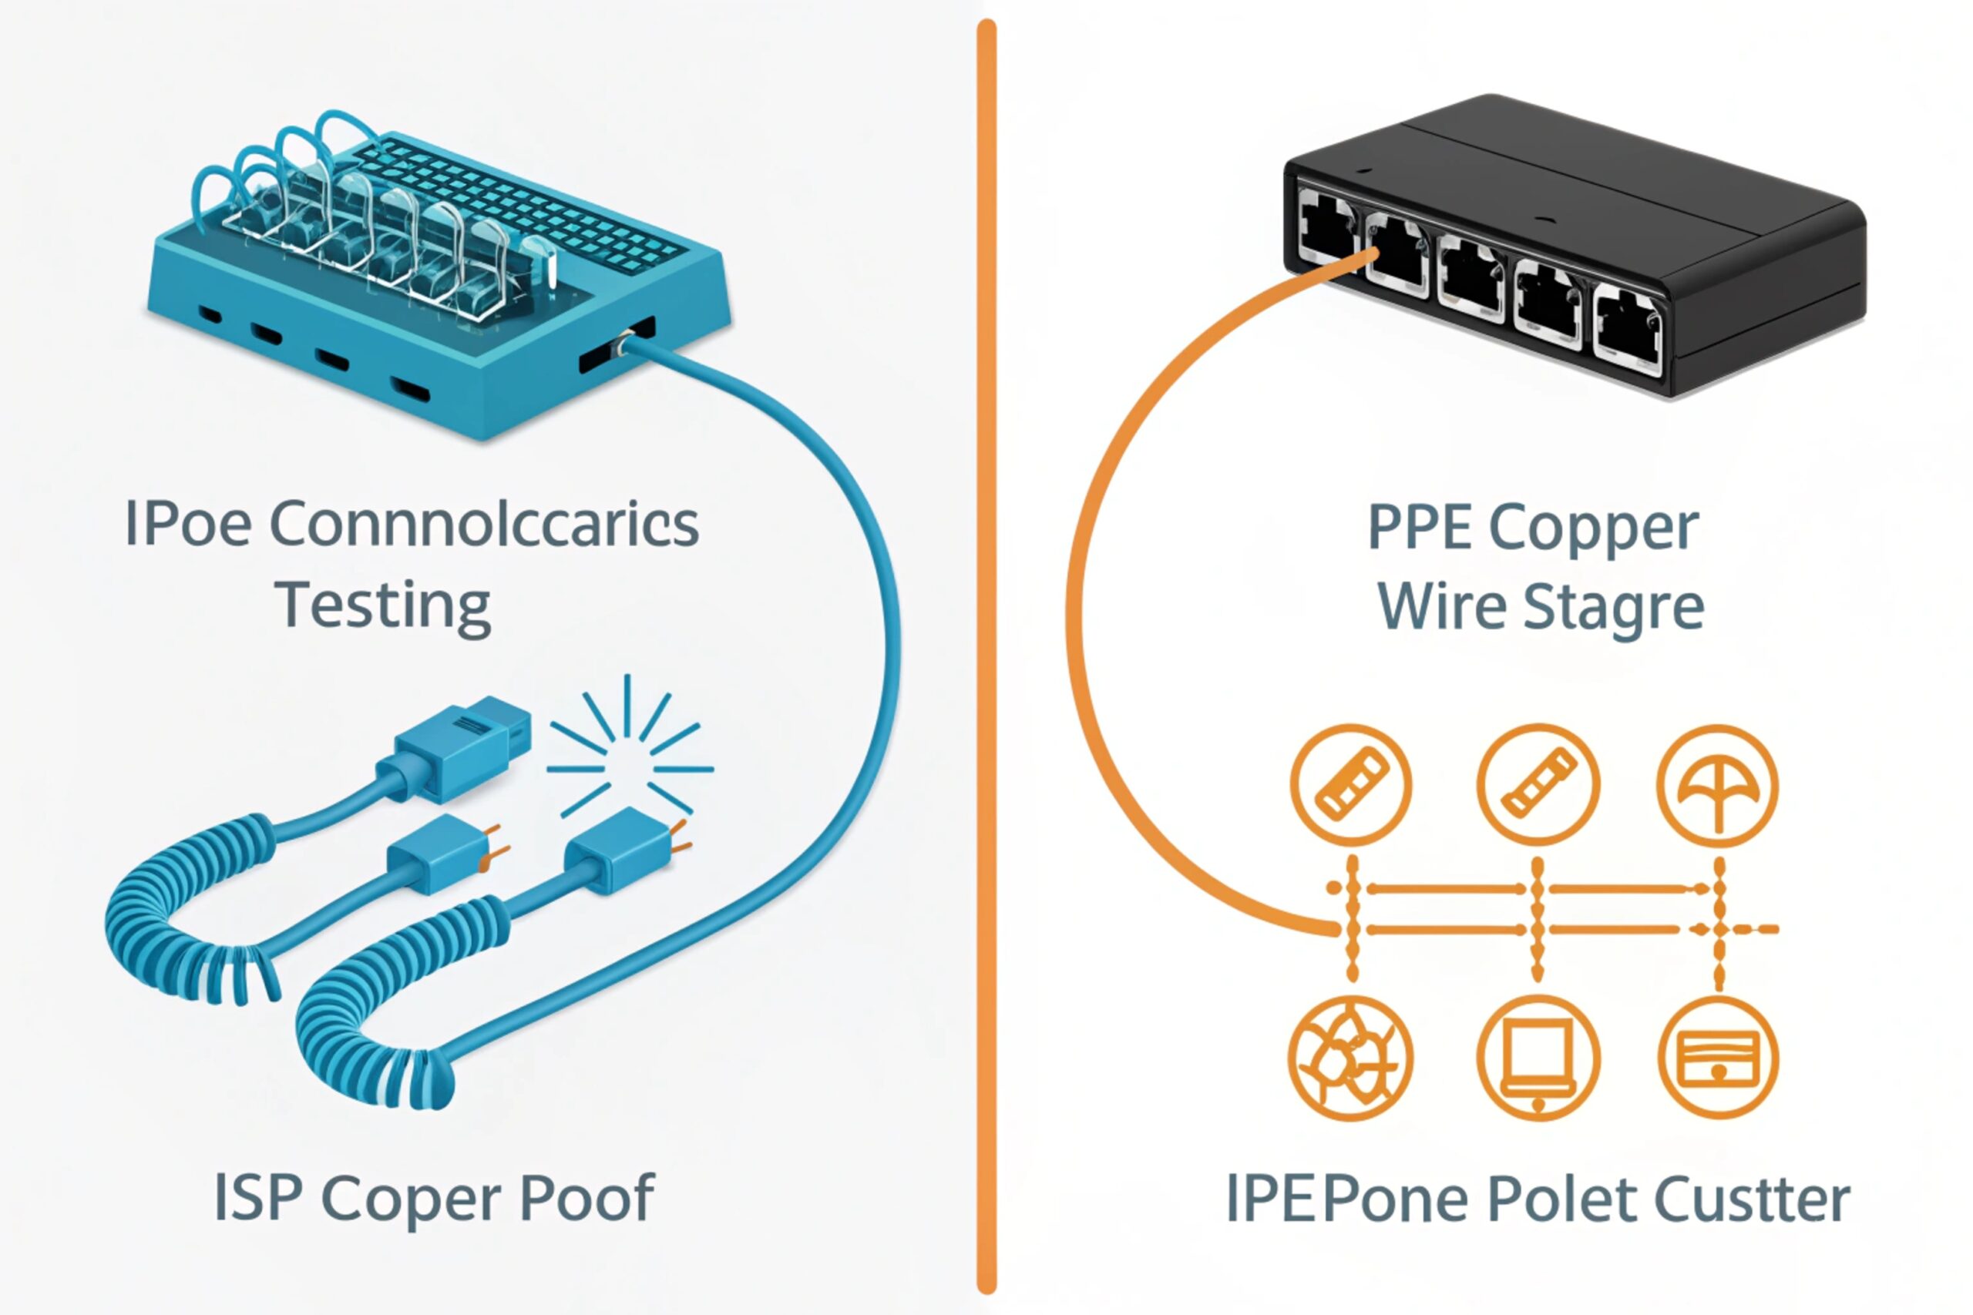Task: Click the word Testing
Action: [x=382, y=606]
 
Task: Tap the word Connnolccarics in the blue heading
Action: [x=484, y=525]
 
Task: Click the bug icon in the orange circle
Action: [x=1350, y=1058]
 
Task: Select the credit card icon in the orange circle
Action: [x=1717, y=1058]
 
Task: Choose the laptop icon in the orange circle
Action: [x=1537, y=1058]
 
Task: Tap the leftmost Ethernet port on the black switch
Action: [x=1326, y=226]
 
